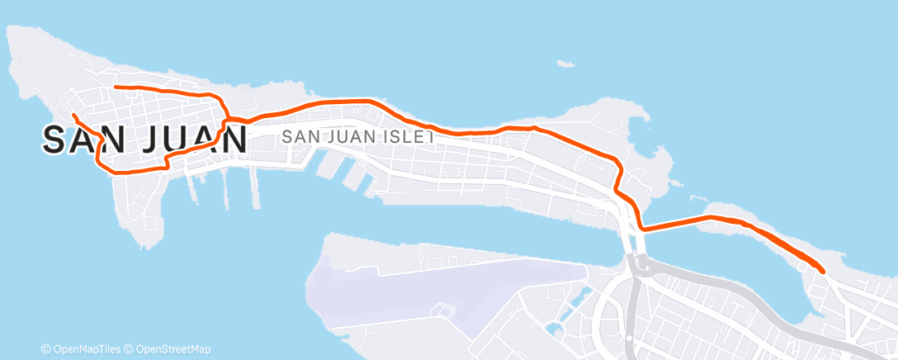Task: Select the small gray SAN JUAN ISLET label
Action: pyautogui.click(x=358, y=137)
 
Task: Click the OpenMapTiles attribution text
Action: pyautogui.click(x=84, y=349)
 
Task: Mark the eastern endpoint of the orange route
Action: pyautogui.click(x=823, y=270)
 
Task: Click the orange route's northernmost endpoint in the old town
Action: pyautogui.click(x=115, y=87)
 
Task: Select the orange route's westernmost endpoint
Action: pyautogui.click(x=73, y=115)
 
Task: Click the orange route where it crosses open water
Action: pyautogui.click(x=673, y=223)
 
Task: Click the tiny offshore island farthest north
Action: pyautogui.click(x=565, y=64)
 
